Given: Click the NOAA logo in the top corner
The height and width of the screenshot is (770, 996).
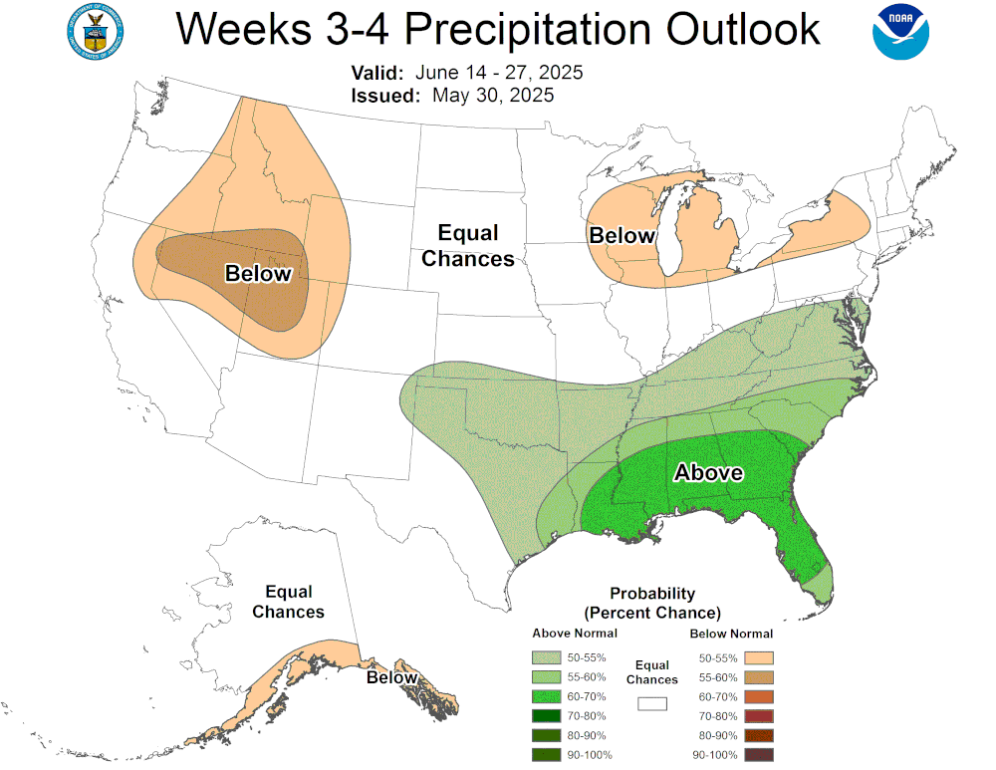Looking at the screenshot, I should tap(900, 32).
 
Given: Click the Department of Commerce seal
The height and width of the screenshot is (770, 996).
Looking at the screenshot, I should tap(95, 32).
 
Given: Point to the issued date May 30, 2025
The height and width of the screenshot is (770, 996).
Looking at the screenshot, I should tap(493, 96).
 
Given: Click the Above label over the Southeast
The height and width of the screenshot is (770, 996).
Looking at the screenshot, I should tap(708, 472).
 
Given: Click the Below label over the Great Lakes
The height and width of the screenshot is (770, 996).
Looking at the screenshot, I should tap(622, 236).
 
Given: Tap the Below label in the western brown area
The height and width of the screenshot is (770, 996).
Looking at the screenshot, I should tap(258, 274).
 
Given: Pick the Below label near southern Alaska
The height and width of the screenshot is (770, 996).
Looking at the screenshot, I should tap(391, 677).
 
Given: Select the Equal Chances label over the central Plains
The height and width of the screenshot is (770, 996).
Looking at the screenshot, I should tap(468, 246).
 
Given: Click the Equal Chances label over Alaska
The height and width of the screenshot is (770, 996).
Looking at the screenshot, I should tap(288, 602).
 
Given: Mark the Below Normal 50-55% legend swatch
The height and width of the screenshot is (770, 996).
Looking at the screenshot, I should tap(759, 657).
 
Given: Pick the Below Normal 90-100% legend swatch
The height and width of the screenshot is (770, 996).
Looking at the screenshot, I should tap(759, 754).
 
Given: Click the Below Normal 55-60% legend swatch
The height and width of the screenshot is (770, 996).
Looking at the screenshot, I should tap(759, 676).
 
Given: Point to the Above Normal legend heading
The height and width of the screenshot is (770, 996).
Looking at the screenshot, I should tap(575, 634).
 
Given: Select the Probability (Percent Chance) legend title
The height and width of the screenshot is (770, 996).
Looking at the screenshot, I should tap(652, 603).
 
